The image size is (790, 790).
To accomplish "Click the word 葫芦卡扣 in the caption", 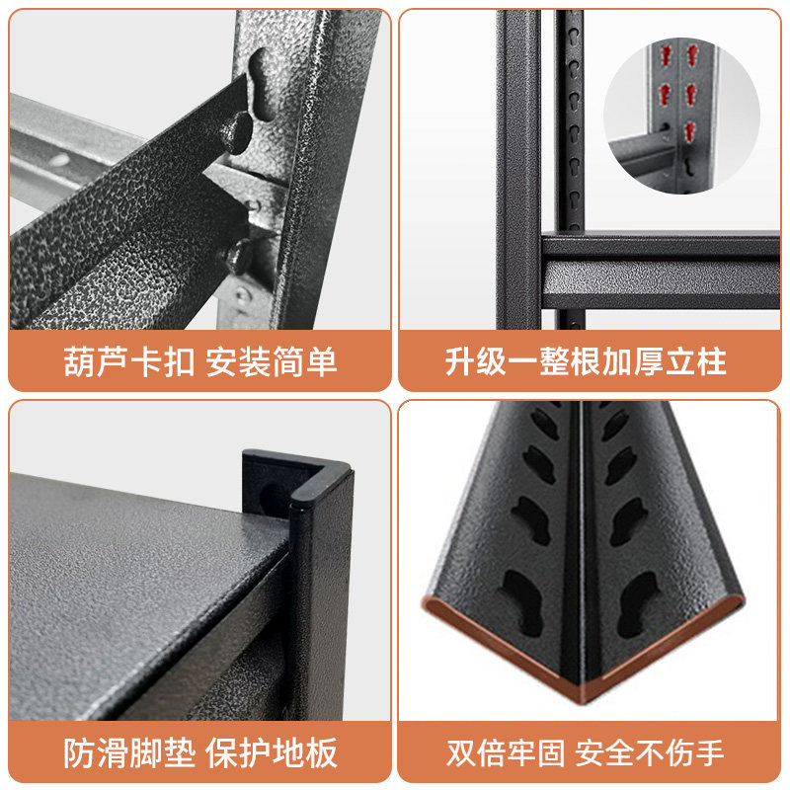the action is pos(128,361).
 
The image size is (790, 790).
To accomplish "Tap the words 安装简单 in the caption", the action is pos(271,361).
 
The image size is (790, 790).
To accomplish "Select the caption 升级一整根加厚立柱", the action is pos(586,361).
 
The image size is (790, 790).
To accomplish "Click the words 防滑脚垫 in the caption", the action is pos(129,752).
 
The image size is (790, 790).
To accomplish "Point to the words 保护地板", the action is pos(271,752).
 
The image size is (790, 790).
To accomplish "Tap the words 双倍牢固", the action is pos(506,752).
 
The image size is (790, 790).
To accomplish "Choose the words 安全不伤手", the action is pos(650,752).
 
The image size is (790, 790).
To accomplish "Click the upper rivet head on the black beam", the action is pos(236,132).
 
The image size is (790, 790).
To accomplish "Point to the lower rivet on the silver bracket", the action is pos(239,257).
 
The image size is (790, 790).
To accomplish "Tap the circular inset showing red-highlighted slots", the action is pos(681,117).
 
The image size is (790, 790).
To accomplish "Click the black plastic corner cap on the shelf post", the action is pos(297,481).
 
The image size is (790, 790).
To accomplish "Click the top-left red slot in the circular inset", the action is pos(668,54).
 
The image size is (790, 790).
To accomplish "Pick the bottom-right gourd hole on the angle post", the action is pos(636,603).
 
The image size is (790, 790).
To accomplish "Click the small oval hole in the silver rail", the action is pos(59,160).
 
